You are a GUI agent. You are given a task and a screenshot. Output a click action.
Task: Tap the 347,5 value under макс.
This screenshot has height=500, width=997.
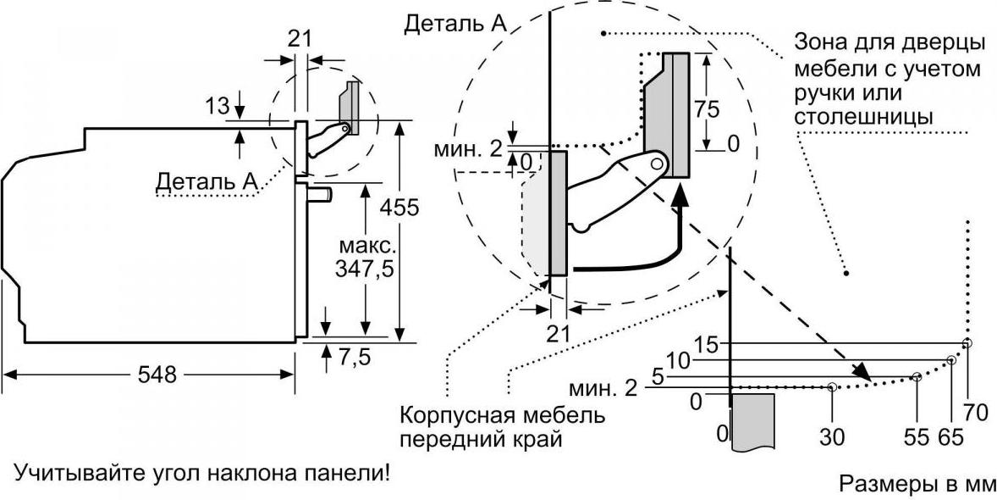[364, 270]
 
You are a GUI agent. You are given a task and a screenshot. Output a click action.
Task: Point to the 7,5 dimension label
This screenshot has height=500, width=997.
[354, 358]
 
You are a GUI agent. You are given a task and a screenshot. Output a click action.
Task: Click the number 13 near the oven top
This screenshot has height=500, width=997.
[218, 106]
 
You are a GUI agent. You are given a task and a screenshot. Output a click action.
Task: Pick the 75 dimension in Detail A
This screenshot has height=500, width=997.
[706, 109]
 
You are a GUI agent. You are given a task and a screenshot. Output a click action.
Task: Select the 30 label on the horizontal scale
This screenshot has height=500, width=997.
[832, 437]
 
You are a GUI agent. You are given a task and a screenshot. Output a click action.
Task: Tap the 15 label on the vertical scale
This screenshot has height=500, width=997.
[707, 345]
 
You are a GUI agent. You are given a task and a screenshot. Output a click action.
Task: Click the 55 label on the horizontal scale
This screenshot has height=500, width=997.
[917, 437]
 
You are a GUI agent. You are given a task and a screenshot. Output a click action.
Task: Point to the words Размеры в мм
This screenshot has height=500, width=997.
[917, 483]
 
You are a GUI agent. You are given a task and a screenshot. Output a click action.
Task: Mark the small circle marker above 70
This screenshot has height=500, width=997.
[967, 344]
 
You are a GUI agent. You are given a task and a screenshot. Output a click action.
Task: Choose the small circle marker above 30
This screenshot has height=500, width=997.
[832, 386]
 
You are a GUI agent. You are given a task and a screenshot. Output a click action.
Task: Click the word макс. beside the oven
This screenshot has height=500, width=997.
[365, 246]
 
